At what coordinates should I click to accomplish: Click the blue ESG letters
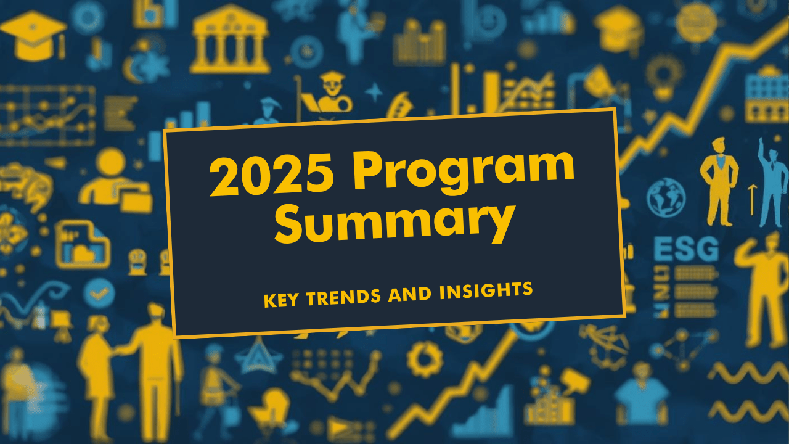pyautogui.click(x=685, y=250)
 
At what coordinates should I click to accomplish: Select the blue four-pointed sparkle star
pyautogui.click(x=374, y=92)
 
